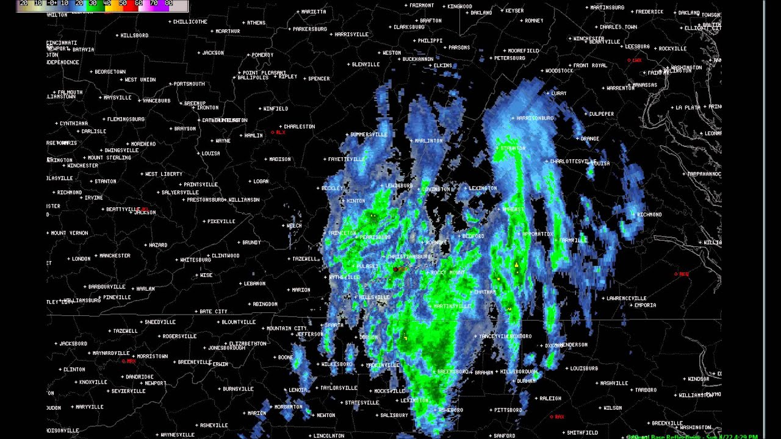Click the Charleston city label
coord(299,127)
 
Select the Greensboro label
coord(453,371)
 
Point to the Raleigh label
coord(550,398)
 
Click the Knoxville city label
coord(93,382)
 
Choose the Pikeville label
coord(221,221)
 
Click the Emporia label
coord(645,305)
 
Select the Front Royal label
coord(590,65)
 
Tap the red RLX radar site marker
coord(278,132)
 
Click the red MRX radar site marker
coord(129,361)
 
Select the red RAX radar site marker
coord(557,417)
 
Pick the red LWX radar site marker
coord(635,60)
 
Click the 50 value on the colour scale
coord(123,4)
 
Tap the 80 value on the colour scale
coord(169,4)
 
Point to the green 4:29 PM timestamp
coord(745,437)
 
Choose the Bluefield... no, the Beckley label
coord(332,188)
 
